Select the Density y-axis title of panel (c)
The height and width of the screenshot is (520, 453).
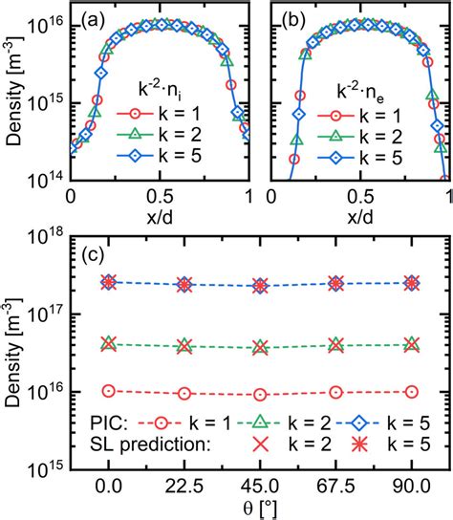[13, 349]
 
